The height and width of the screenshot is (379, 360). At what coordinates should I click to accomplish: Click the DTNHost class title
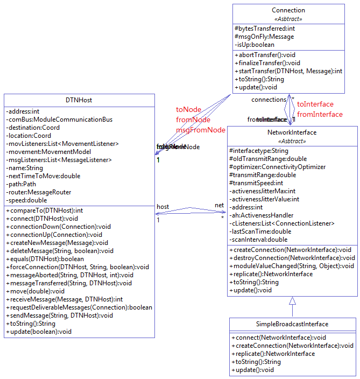point(79,100)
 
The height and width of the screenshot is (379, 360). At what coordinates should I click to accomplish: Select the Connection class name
point(288,10)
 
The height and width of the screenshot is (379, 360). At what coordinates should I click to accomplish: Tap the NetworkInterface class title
point(292,132)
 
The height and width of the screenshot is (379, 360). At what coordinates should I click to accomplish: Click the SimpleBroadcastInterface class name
point(292,324)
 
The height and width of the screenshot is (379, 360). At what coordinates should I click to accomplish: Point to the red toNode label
point(188,110)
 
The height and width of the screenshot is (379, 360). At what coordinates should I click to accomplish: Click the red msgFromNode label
point(201,130)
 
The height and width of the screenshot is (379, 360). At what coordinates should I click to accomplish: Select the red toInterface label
point(315,104)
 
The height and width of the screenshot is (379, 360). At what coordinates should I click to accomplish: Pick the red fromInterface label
point(320,114)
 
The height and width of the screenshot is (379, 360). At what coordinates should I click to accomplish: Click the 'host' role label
point(163,207)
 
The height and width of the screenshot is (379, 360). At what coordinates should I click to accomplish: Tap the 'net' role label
point(220,205)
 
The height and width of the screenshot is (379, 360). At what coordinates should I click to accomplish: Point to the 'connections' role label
point(269,100)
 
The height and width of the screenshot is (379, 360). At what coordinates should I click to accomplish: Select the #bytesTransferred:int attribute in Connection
point(265,29)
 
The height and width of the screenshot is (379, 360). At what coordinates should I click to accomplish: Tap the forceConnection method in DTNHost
point(77,267)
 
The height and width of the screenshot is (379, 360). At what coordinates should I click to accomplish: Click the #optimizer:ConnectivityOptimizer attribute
point(277,167)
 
